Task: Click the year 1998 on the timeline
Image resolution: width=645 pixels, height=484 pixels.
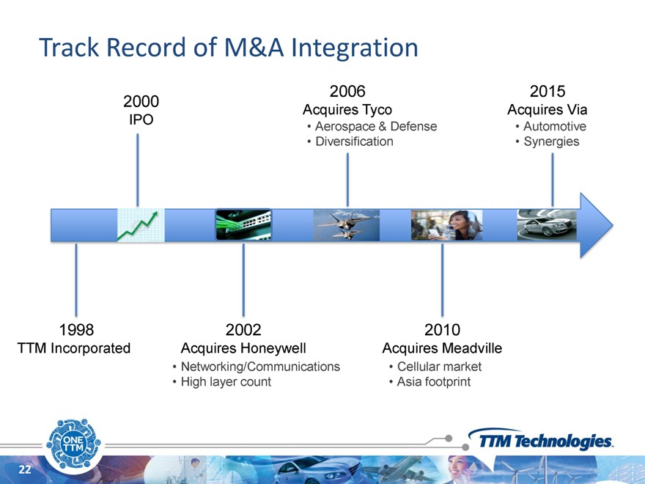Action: [x=76, y=330]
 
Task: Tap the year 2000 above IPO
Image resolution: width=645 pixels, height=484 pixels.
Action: [x=141, y=101]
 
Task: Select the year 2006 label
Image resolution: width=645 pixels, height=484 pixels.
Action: [x=347, y=91]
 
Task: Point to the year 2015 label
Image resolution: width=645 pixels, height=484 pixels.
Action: [x=548, y=91]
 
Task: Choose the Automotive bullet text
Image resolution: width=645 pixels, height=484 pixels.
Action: [x=555, y=126]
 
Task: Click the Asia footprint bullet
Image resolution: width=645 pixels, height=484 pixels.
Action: [x=434, y=381]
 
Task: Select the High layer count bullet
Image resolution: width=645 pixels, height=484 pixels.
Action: [x=226, y=381]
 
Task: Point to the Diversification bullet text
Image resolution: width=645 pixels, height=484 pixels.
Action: [x=354, y=141]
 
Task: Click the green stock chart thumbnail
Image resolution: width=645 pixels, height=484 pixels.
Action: [x=141, y=225]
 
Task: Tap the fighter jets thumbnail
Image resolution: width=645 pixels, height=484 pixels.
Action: [x=347, y=225]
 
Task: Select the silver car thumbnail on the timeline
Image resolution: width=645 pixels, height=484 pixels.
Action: [x=547, y=225]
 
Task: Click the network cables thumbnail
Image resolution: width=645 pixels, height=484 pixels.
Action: [x=243, y=224]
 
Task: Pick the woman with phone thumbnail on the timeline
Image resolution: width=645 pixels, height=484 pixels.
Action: [x=446, y=225]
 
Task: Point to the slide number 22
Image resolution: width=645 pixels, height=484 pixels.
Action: [x=25, y=469]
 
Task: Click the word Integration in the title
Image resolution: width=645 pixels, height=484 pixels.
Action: [x=355, y=48]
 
